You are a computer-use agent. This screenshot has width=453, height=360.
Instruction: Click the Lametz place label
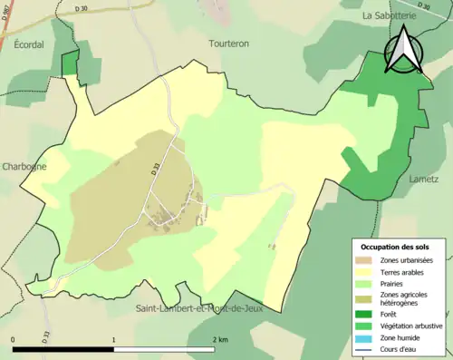pyautogui.click(x=423, y=180)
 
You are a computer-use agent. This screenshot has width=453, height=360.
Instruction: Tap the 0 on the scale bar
pyautogui.click(x=14, y=340)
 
